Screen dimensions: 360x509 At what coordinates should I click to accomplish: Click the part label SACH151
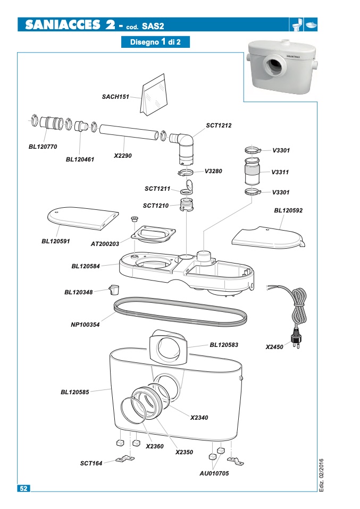point(115,97)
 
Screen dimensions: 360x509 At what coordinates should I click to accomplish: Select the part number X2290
point(123,156)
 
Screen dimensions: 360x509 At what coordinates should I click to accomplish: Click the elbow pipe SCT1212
point(183,147)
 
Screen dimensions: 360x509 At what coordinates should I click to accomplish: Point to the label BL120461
point(80,159)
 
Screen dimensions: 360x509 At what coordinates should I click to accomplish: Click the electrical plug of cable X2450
point(296,337)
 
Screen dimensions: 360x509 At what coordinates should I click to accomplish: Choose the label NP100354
point(85,325)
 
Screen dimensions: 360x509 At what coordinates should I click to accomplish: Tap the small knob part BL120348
point(114,290)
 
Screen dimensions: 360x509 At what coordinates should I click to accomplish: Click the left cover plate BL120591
point(83,218)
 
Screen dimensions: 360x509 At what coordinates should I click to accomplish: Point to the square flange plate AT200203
point(153,234)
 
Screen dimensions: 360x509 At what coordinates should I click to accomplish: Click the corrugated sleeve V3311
point(252,172)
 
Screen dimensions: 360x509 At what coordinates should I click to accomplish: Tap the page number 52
point(24,488)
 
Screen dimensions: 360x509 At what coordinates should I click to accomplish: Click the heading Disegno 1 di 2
point(155,42)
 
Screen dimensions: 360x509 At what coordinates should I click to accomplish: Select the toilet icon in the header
point(297,24)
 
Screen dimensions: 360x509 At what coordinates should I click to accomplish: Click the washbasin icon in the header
point(311,24)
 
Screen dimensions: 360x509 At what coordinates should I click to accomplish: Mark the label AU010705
point(214,473)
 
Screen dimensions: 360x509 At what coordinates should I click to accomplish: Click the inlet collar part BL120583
point(169,347)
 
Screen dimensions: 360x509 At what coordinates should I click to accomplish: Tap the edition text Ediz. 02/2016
point(321,475)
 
